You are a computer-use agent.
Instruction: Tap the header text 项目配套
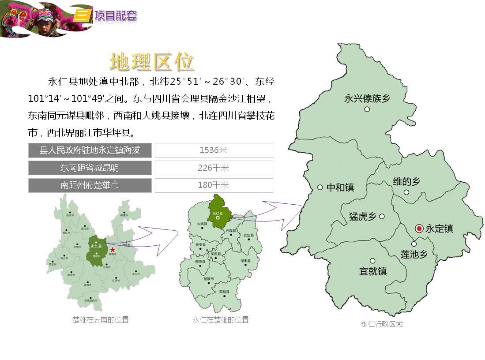(x=116, y=16)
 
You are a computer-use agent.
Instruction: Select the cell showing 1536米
(x=214, y=150)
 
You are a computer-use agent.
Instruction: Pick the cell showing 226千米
(x=214, y=168)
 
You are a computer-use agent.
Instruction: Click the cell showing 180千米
(x=214, y=185)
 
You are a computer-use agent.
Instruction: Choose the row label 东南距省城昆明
(x=90, y=168)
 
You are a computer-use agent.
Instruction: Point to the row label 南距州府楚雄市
(x=90, y=185)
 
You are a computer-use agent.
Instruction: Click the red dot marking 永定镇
(x=419, y=228)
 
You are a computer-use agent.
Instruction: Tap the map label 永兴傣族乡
(x=367, y=98)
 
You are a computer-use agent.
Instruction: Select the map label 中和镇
(x=340, y=187)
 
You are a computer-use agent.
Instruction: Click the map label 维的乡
(x=406, y=181)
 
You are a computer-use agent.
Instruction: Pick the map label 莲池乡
(x=414, y=255)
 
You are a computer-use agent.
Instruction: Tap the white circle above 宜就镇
(x=372, y=261)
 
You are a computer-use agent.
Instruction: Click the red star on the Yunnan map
(x=113, y=250)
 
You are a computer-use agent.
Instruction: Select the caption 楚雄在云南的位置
(x=101, y=320)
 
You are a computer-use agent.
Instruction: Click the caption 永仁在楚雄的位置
(x=221, y=320)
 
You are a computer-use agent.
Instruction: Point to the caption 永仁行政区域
(x=382, y=324)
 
